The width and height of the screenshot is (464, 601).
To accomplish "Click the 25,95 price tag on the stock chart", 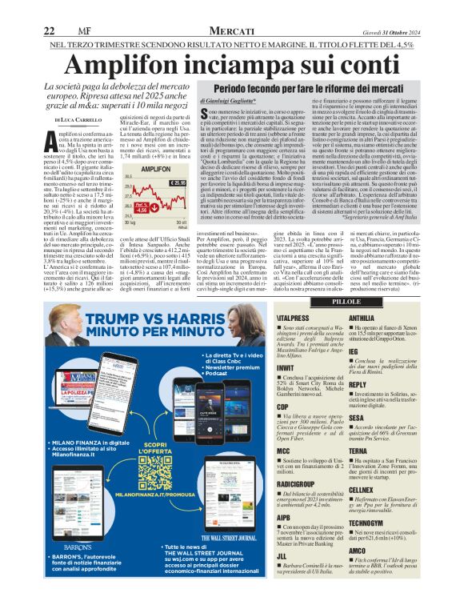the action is (x=177, y=183).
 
